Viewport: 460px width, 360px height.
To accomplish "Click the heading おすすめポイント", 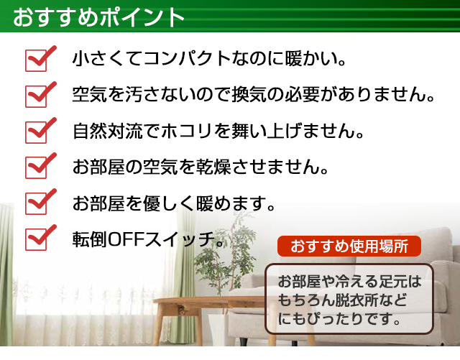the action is (x=98, y=17).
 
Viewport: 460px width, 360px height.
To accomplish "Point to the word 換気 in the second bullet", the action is (x=249, y=94).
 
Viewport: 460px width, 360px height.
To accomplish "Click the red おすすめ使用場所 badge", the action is (x=349, y=246).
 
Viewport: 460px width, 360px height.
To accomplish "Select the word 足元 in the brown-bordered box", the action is (x=393, y=282).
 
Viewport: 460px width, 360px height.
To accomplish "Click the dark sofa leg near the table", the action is (x=243, y=341).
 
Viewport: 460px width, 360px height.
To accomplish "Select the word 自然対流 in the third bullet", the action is (x=108, y=131).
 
